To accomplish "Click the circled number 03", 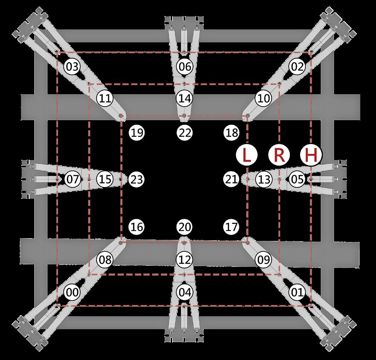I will pos(72,66).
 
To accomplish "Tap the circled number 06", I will pos(184,66).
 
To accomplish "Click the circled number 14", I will pos(184,98).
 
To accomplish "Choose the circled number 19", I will pos(137,133).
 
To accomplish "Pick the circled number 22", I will pos(184,133).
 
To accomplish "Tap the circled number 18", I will pos(232,133).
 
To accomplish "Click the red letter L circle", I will pos(247,155).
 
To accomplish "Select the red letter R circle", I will pos(279,155).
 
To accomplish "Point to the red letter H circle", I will pos(311,155).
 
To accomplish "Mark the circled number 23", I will pos(137,180).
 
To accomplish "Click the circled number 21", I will pos(232,180).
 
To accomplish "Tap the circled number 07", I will pos(72,180).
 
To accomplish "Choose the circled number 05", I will pos(297,180).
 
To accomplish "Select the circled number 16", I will pos(137,227).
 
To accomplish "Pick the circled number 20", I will pos(184,227).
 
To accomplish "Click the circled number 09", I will pos(264,260).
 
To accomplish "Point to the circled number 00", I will pos(72,292).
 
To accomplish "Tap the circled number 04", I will pos(184,292).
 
